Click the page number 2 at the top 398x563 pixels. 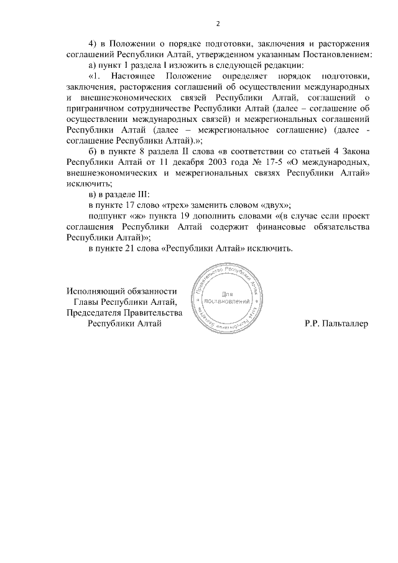pyautogui.click(x=218, y=24)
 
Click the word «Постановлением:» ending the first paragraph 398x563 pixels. pyautogui.click(x=339, y=55)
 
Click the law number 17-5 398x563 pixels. pyautogui.click(x=274, y=162)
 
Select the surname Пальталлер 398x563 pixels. pyautogui.click(x=344, y=323)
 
